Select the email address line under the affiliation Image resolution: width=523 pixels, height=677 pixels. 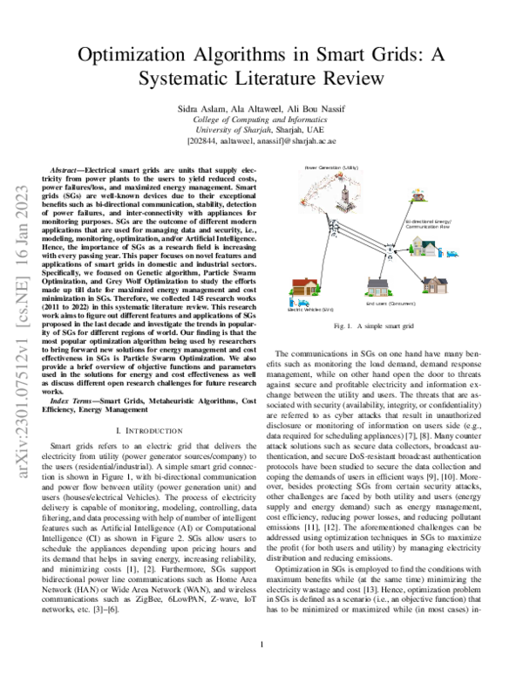(261, 140)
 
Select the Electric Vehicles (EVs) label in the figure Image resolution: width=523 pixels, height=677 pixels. (311, 308)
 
